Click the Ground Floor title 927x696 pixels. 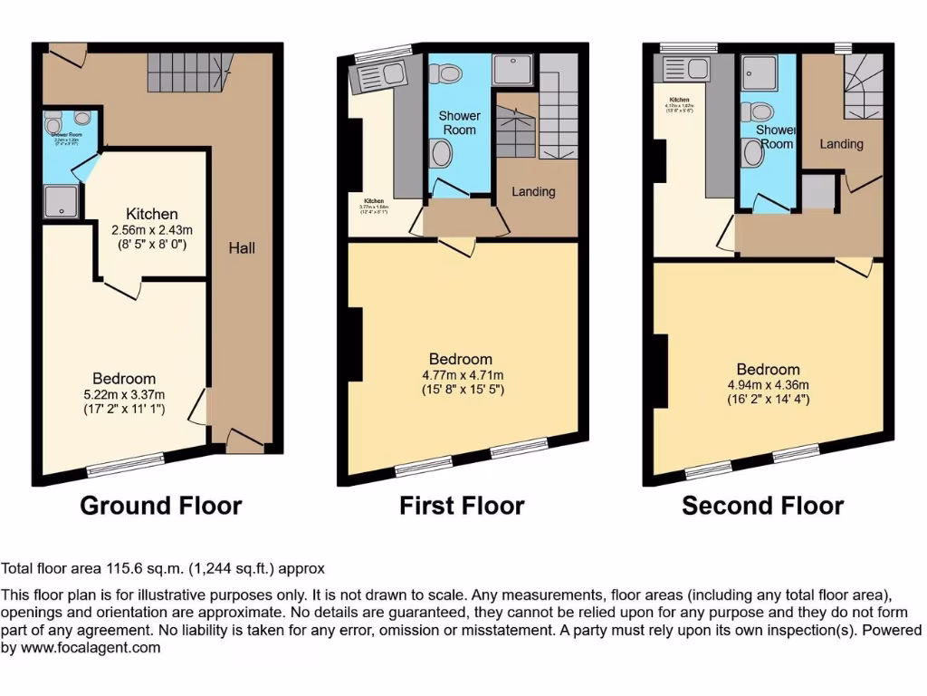pyautogui.click(x=161, y=506)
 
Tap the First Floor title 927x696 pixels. pyautogui.click(x=462, y=506)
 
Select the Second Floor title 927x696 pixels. pyautogui.click(x=762, y=506)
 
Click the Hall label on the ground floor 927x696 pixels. pyautogui.click(x=242, y=247)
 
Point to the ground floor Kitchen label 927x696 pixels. pyautogui.click(x=152, y=215)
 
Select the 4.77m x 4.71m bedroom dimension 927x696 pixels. pyautogui.click(x=462, y=374)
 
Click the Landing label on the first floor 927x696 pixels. pyautogui.click(x=533, y=192)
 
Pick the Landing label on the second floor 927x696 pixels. pyautogui.click(x=841, y=144)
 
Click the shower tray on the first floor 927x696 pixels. pyautogui.click(x=512, y=70)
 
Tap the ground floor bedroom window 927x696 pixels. pyautogui.click(x=126, y=464)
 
